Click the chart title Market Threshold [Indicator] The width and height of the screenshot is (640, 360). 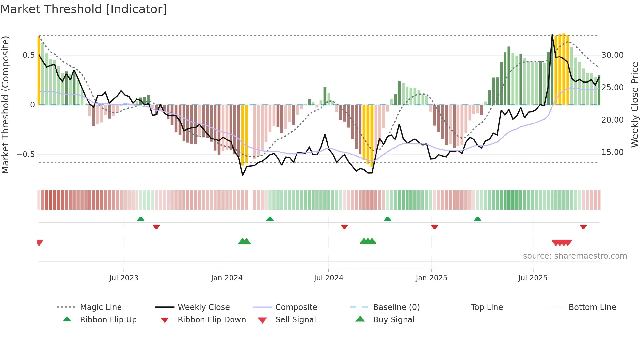(84, 9)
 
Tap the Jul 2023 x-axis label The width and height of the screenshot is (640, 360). (124, 278)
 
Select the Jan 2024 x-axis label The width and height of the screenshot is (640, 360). (227, 278)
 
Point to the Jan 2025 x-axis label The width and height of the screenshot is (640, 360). (431, 278)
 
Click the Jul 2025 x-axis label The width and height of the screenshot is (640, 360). (533, 278)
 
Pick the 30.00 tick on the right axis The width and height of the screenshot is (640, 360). (613, 55)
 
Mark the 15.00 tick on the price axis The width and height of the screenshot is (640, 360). (613, 152)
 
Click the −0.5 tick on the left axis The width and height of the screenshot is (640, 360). (26, 154)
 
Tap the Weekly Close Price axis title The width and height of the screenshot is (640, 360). (635, 105)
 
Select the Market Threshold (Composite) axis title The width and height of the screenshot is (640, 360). (5, 105)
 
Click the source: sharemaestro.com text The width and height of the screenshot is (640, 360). (575, 256)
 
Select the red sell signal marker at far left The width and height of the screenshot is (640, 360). (40, 243)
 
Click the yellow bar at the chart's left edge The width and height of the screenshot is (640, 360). (39, 70)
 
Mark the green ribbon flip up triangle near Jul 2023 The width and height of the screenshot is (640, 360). (141, 219)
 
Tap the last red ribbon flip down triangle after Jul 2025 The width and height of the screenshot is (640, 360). (583, 227)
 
